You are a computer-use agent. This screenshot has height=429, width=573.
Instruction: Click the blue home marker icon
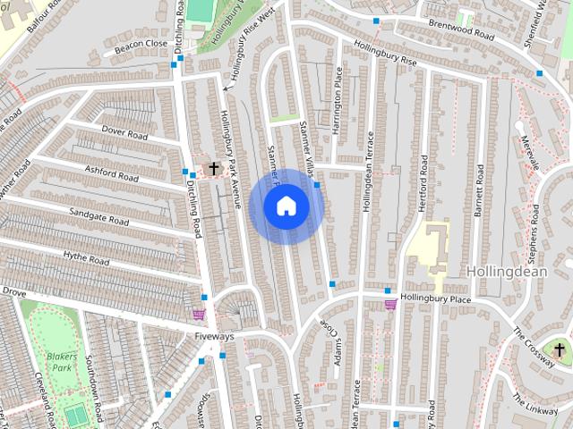point(286,206)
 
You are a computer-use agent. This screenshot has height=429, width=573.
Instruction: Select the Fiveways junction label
point(214,337)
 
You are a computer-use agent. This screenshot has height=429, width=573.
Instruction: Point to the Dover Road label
point(124,134)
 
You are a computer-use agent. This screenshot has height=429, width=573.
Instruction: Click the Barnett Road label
point(479,190)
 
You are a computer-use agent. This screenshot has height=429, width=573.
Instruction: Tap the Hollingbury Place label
point(435,299)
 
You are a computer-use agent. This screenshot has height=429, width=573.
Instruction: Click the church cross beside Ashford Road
point(214,168)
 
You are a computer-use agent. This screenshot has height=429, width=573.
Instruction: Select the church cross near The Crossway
point(560,349)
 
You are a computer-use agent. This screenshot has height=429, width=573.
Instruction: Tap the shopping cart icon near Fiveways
point(198,315)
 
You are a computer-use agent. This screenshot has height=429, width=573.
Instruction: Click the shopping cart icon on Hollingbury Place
point(390,305)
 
